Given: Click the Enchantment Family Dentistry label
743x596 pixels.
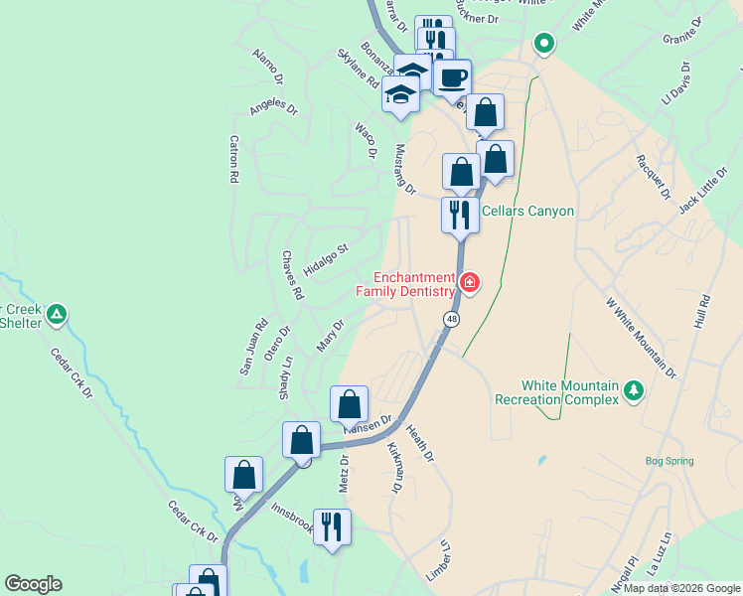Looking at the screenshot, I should point(406,284).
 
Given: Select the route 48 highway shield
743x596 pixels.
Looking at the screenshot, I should point(452,318).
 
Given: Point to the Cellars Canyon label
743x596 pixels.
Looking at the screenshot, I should point(527,211).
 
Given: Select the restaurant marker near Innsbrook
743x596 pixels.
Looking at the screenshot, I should point(332,525).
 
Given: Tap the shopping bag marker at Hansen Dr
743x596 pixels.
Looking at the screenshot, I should point(349,405).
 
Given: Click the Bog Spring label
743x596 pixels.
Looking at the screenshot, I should point(669,461).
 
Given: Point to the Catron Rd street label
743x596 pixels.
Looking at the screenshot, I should point(234,159).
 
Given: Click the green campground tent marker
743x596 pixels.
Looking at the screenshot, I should point(58,315).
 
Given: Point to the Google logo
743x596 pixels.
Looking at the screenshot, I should point(33,584).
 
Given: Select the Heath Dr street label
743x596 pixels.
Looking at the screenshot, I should point(420,443).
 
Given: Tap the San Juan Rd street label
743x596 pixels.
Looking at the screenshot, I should point(252,347).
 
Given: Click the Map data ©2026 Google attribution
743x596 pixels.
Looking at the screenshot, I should point(681,588).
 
